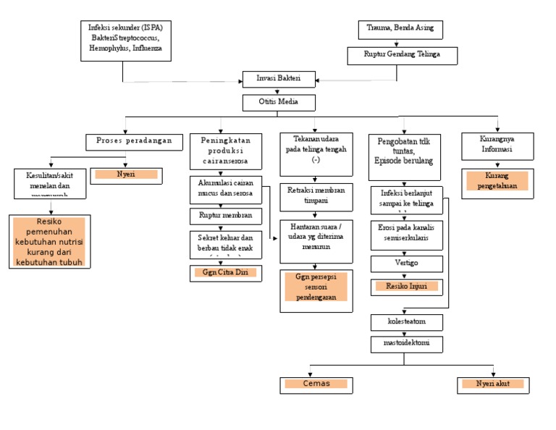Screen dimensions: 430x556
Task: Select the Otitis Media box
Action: pyautogui.click(x=278, y=101)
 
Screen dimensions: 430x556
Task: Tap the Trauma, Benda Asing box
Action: pyautogui.click(x=400, y=30)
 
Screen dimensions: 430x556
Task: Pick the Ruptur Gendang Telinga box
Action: pyautogui.click(x=402, y=54)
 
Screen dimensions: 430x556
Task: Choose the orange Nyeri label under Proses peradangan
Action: pyautogui.click(x=127, y=174)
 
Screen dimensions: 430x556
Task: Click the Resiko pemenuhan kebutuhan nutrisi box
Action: pyautogui.click(x=50, y=241)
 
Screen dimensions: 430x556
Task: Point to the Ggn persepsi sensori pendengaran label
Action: pyautogui.click(x=316, y=287)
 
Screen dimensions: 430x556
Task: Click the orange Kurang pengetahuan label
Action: pyautogui.click(x=497, y=181)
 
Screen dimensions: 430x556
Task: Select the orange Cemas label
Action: pyautogui.click(x=316, y=384)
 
